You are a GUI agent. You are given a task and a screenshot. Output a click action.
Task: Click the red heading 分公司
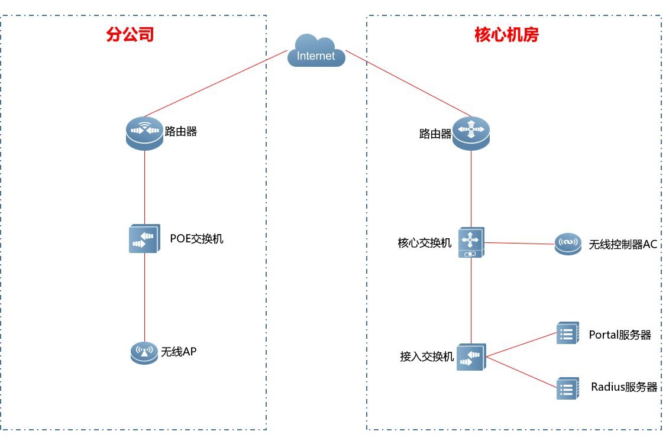130,34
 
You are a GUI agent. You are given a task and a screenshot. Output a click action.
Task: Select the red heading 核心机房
507,35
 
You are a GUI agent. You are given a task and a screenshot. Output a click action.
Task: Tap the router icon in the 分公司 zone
144,132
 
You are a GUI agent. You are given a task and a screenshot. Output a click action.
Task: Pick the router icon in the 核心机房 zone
471,133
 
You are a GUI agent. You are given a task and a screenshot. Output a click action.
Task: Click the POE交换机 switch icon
144,239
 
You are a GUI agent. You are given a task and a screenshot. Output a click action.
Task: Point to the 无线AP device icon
144,352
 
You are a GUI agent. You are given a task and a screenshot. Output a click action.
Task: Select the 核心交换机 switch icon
471,242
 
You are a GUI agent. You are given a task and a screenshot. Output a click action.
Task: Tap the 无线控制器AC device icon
568,243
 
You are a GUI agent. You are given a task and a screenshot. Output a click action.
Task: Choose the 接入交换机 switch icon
471,357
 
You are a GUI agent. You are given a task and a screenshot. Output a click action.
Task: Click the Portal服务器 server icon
567,333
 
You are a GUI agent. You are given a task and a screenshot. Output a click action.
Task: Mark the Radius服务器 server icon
567,388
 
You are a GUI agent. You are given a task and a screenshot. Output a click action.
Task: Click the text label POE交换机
197,239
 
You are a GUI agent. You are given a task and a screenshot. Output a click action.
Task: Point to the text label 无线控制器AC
623,244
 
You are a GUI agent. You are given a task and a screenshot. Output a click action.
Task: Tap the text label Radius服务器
624,387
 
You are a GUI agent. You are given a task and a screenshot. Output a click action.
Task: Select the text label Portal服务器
620,335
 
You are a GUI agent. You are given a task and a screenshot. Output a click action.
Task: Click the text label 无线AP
179,352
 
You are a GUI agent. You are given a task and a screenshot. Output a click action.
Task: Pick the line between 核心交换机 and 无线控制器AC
519,243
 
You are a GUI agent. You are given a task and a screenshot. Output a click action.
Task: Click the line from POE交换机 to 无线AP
144,299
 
